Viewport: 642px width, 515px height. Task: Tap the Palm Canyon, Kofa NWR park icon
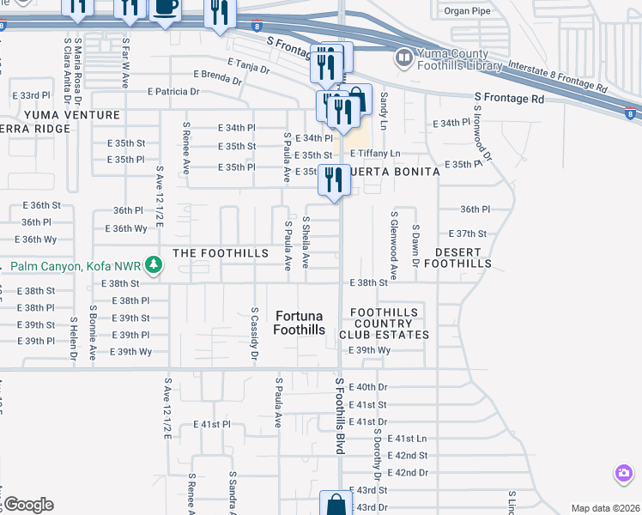pyautogui.click(x=154, y=265)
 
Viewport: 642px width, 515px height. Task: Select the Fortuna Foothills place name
pyautogui.click(x=300, y=322)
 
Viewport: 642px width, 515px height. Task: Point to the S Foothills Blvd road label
pyautogui.click(x=339, y=416)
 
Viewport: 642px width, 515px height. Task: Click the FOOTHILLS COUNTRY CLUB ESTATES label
pyautogui.click(x=384, y=324)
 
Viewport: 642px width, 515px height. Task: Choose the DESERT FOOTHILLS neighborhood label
pyautogui.click(x=463, y=257)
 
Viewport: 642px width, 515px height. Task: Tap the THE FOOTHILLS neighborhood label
pyautogui.click(x=215, y=253)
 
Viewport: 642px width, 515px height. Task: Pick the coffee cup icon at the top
pyautogui.click(x=165, y=8)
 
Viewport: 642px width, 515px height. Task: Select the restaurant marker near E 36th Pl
pyautogui.click(x=334, y=179)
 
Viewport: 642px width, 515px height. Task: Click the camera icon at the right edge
pyautogui.click(x=624, y=473)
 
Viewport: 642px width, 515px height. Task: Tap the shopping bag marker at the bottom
pyautogui.click(x=336, y=505)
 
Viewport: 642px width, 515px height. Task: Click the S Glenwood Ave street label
pyautogui.click(x=394, y=246)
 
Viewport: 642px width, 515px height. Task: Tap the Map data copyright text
pyautogui.click(x=604, y=508)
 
